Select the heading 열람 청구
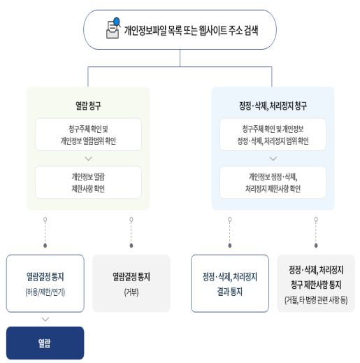88,106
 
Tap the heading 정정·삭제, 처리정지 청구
273,106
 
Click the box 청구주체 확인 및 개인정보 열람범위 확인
88,134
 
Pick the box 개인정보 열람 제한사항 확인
88,182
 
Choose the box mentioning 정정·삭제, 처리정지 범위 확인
273,134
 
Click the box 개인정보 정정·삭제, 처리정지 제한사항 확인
273,182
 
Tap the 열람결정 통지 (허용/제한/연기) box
45,283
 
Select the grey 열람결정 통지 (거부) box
131,283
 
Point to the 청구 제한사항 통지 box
316,283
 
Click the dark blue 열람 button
45,343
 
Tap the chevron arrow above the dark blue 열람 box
45,319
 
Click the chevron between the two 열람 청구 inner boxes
88,158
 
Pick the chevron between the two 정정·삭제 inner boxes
273,158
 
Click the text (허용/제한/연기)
45,291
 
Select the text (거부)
131,291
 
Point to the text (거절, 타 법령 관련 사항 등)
316,300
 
